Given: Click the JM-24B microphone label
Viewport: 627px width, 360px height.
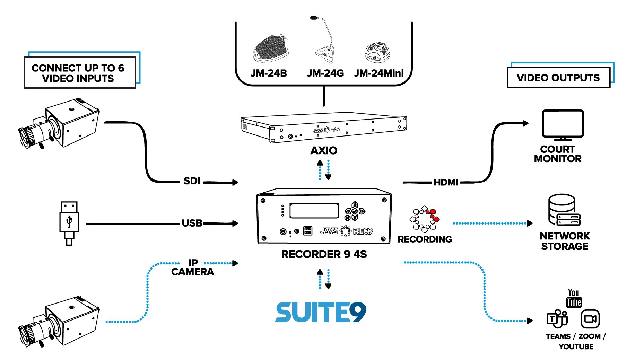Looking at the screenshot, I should click(x=269, y=73).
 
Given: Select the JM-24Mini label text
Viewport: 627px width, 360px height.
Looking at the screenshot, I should click(x=378, y=73).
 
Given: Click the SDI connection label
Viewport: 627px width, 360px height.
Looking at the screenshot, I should click(x=192, y=181).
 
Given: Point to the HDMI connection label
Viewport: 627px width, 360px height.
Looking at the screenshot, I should click(x=446, y=182).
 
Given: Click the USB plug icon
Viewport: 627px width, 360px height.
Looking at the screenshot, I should click(x=69, y=223).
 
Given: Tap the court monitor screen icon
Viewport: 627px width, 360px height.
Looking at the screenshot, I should click(x=563, y=124).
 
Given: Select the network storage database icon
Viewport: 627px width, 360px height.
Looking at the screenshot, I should click(x=563, y=210).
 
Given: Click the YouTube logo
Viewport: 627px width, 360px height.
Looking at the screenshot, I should click(x=574, y=298).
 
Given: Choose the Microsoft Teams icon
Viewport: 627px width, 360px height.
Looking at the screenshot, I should click(x=557, y=319).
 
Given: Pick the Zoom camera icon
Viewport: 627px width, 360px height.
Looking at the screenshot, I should click(x=590, y=319).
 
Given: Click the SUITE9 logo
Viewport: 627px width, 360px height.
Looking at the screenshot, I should click(x=321, y=312).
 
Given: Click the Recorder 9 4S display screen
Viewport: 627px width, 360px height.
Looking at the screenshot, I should click(x=314, y=211).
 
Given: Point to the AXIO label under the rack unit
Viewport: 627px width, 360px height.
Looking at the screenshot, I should click(x=324, y=150).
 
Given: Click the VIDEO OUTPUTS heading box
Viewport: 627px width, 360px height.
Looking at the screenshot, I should click(x=558, y=78).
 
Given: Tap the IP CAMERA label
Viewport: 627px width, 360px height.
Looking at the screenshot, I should click(x=193, y=267).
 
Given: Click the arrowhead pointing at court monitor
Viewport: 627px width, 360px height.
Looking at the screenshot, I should click(x=526, y=123).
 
